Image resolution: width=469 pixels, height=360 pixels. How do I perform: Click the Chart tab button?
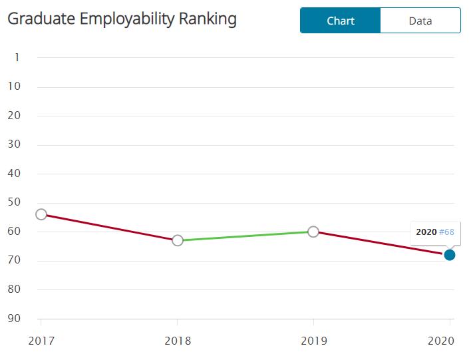pos(341,21)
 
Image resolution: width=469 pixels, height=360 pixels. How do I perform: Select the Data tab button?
pos(420,21)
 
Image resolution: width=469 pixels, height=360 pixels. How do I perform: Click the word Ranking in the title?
pos(208,19)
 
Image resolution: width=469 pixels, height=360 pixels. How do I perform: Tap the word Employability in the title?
pos(127,19)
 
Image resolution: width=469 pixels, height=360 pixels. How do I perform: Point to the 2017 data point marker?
pos(41,214)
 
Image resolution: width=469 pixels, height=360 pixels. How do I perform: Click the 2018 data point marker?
pos(178,240)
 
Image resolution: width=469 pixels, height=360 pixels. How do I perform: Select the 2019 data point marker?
pos(313,232)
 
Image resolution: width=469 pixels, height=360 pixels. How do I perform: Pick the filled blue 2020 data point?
pos(450,255)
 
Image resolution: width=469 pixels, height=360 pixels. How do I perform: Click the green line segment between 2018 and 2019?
pos(245,236)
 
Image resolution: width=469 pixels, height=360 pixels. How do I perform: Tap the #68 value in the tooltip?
pos(446,232)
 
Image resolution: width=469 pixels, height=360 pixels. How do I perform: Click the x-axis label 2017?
pos(41,341)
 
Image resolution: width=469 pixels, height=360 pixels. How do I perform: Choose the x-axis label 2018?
pos(178,341)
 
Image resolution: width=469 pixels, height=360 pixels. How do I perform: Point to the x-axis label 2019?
pos(314,341)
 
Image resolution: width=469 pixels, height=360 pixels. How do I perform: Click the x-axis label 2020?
pos(441,341)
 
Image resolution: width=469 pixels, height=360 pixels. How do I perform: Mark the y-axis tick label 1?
pos(17,57)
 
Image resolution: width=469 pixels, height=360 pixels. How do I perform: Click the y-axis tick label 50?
pos(14,202)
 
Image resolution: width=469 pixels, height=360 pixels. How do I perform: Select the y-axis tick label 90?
pos(14,318)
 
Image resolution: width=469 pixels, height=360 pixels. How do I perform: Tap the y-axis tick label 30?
pos(14,144)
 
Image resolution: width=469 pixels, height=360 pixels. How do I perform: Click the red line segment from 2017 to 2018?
pos(110,228)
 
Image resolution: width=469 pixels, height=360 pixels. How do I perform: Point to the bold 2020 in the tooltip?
pos(426,232)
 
